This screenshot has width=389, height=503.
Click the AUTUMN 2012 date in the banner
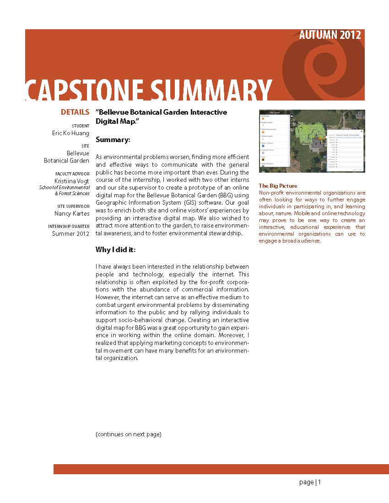[330, 35]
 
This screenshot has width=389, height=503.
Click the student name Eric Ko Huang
[70, 133]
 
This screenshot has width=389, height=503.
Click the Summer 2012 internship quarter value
[70, 234]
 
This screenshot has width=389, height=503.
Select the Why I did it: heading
[116, 249]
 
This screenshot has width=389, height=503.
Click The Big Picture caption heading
[278, 186]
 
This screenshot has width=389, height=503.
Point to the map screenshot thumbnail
[312, 141]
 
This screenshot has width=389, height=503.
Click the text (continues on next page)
[129, 434]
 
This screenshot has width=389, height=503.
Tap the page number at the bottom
[310, 482]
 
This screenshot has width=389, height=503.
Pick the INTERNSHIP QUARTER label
[69, 227]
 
